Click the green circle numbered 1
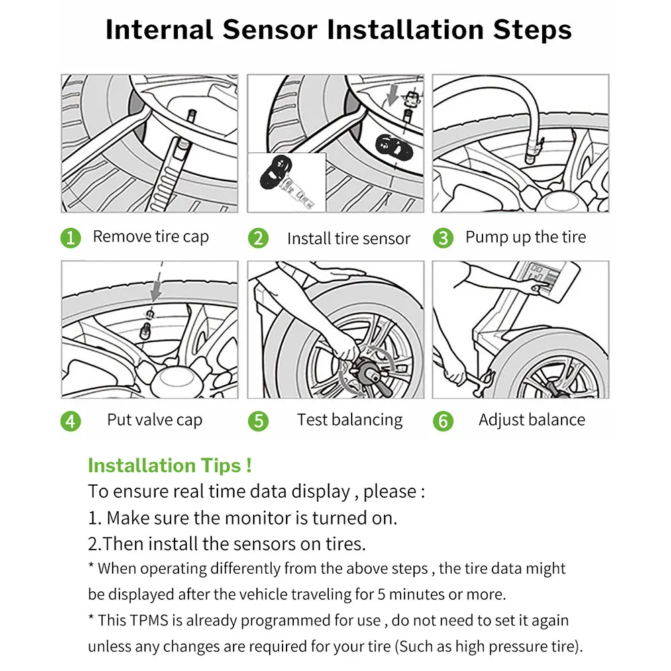tap(70, 238)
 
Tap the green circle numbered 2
tap(258, 238)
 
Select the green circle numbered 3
tap(443, 238)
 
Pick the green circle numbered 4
tap(70, 421)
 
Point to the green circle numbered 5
tap(258, 421)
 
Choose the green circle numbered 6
tap(443, 421)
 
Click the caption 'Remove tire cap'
tap(150, 237)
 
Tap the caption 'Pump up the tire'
tap(525, 237)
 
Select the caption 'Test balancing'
tap(350, 420)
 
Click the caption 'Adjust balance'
tap(532, 420)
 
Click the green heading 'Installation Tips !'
tap(170, 466)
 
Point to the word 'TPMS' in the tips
tap(148, 621)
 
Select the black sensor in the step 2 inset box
tap(276, 172)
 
